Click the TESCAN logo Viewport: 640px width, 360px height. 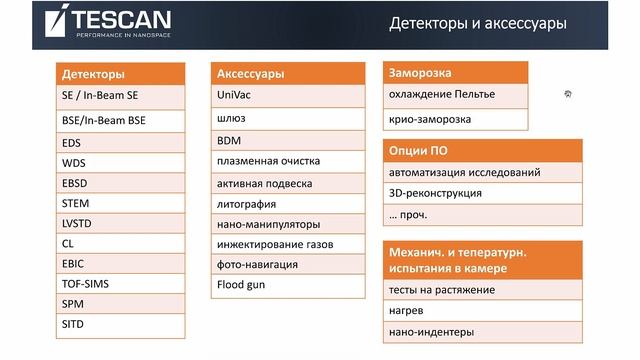[x=109, y=21]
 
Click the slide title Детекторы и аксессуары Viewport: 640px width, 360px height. [x=479, y=23]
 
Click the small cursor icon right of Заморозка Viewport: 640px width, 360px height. [x=567, y=93]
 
